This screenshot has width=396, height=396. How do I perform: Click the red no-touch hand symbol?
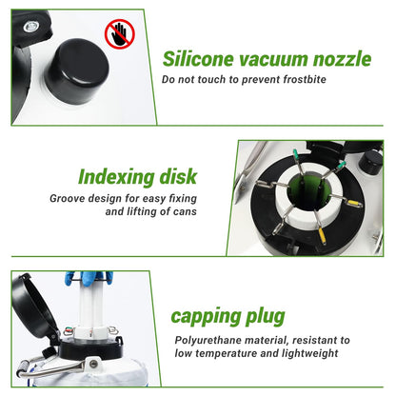(120, 33)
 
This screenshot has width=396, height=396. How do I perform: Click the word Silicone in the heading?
(198, 59)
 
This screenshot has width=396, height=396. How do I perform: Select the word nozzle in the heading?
(342, 59)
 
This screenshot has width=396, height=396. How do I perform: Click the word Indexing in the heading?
(116, 177)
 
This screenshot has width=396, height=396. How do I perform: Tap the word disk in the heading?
(178, 176)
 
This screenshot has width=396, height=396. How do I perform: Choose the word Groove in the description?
(68, 199)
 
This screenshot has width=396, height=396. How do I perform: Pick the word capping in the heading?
(205, 317)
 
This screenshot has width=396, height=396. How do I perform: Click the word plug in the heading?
(265, 317)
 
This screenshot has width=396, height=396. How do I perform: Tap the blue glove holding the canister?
(89, 277)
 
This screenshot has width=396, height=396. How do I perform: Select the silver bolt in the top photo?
(30, 27)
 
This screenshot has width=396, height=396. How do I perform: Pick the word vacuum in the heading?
(273, 60)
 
